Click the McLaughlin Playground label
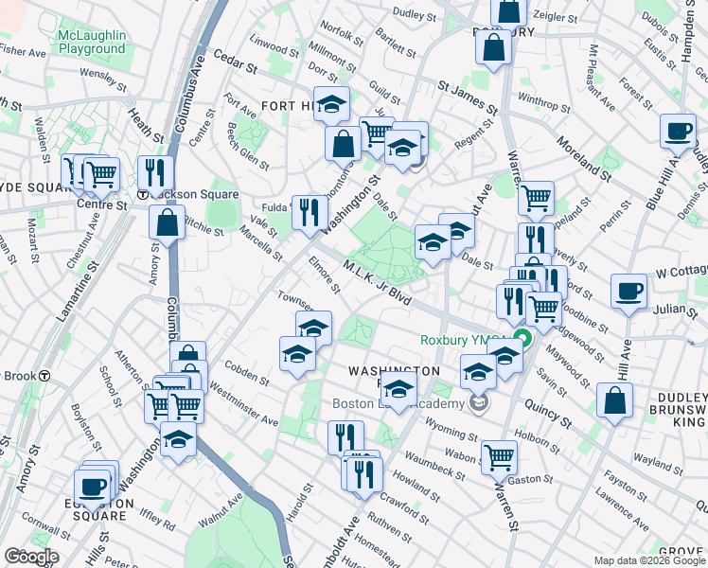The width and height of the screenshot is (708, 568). pyautogui.click(x=91, y=42)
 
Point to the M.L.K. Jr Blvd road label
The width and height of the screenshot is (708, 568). pyautogui.click(x=379, y=282)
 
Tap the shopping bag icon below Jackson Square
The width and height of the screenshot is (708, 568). pyautogui.click(x=168, y=223)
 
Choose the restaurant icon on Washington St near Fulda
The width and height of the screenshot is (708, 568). pyautogui.click(x=308, y=212)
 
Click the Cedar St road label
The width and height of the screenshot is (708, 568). pyautogui.click(x=235, y=62)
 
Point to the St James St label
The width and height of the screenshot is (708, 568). pyautogui.click(x=467, y=96)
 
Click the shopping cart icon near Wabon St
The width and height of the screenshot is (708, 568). pyautogui.click(x=499, y=456)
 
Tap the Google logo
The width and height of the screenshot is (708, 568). pyautogui.click(x=31, y=557)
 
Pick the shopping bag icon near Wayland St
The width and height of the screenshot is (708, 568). pyautogui.click(x=615, y=399)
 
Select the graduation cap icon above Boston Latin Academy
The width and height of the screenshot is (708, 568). pyautogui.click(x=398, y=387)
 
